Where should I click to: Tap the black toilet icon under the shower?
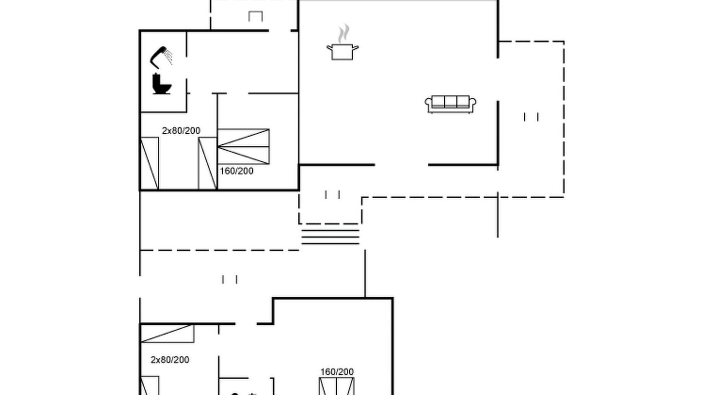pos(161,84)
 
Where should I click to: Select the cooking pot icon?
pos(343,52)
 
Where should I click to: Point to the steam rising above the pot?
pos(343,33)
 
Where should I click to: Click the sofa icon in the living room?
pos(450,104)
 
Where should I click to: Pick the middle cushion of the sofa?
pos(450,102)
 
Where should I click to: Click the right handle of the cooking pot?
pos(356,48)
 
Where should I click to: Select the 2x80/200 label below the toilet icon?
pos(181,131)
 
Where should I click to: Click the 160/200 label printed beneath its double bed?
pos(236,171)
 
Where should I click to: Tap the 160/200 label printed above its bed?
pos(337,372)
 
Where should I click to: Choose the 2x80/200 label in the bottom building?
pos(170,360)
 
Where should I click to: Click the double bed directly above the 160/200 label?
pos(244,146)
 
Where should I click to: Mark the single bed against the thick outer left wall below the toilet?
pos(150,163)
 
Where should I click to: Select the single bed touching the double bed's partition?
pos(207,163)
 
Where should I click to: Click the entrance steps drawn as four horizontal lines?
pos(330,237)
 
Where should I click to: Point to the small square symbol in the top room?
pos(256,16)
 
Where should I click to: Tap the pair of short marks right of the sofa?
pos(531,117)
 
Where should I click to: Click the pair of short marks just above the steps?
pos(332,194)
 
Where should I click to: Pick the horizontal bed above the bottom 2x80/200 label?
pos(167,334)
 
